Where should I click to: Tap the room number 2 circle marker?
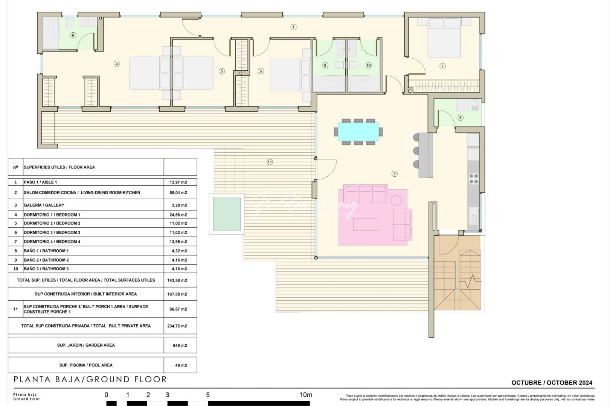(x=394, y=174)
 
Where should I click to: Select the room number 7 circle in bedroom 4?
(x=442, y=66)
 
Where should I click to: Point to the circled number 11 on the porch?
(x=270, y=162)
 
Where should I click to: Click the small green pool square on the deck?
(x=227, y=214)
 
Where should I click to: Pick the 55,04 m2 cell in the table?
(x=178, y=192)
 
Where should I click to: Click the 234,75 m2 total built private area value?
(x=177, y=326)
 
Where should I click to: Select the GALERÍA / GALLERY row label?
(x=44, y=205)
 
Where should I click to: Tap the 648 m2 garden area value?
(x=180, y=345)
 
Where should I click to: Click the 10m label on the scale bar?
(x=306, y=395)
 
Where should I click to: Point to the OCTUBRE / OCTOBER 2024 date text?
(x=551, y=383)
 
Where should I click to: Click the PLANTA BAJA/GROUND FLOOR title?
(x=90, y=380)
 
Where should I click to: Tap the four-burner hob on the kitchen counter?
(x=473, y=179)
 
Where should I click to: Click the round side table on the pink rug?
(x=396, y=200)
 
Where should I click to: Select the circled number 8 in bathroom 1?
(x=73, y=35)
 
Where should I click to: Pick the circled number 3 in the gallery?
(x=460, y=118)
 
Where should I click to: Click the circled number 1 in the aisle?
(x=293, y=27)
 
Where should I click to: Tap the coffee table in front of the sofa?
(x=365, y=224)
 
